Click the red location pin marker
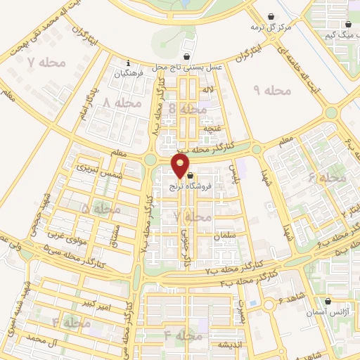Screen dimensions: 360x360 tap(181, 166)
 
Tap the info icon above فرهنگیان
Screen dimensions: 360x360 tap(127, 61)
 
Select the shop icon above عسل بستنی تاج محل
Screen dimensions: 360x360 tap(186, 57)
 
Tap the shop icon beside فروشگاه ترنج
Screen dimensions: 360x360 tap(190, 166)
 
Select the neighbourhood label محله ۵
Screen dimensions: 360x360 tap(95, 209)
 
